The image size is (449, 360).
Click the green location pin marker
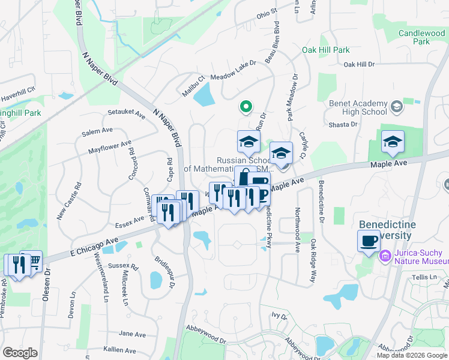click(x=245, y=107)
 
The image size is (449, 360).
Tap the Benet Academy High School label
click(x=358, y=107)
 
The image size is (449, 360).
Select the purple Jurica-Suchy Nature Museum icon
click(x=384, y=256)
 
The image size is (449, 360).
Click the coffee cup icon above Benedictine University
click(x=368, y=241)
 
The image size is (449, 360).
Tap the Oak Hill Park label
click(x=325, y=50)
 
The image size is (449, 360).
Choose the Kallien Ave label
click(x=119, y=349)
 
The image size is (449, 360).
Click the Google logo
click(x=20, y=353)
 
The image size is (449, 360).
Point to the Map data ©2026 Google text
click(x=412, y=355)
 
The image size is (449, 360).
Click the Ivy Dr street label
click(x=278, y=314)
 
